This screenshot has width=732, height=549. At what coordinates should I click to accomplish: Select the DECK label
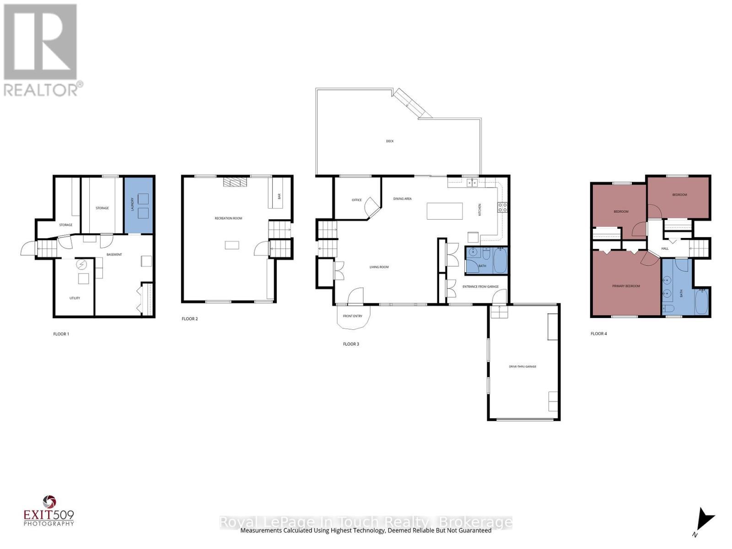[x=390, y=141]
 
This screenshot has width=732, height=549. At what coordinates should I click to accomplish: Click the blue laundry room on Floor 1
[x=139, y=205]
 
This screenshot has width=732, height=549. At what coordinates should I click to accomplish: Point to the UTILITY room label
[x=75, y=298]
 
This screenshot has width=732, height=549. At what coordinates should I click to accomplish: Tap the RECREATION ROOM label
[x=228, y=219]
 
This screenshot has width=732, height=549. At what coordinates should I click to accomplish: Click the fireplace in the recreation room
[x=234, y=182]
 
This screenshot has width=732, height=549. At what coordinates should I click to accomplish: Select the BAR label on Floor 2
[x=279, y=196]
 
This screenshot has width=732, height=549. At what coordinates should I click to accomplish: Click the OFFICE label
[x=356, y=200]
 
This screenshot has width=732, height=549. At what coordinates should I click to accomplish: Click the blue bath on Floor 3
[x=486, y=260]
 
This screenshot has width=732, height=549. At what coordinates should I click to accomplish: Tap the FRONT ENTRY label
[x=352, y=316]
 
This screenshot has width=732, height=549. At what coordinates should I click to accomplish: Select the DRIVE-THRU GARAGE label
[x=522, y=366]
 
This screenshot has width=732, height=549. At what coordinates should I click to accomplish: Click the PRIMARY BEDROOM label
[x=626, y=286]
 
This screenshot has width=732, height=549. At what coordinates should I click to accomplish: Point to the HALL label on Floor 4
[x=665, y=249]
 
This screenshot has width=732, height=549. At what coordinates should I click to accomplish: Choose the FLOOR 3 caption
[x=351, y=344]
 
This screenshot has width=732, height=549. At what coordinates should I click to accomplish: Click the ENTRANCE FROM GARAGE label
[x=480, y=287]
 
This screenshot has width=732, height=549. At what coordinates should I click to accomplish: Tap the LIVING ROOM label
[x=379, y=267]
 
